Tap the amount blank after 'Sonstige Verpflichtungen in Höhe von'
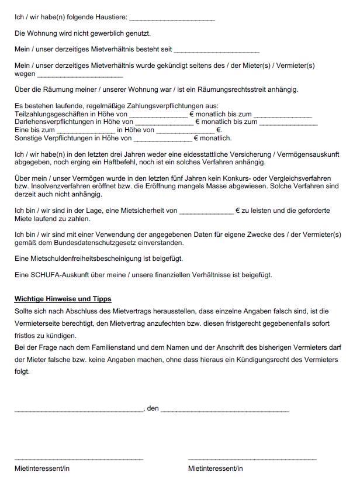pyautogui.click(x=163, y=139)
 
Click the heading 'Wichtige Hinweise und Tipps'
pyautogui.click(x=63, y=299)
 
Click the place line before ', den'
pyautogui.click(x=79, y=410)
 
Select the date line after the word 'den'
pyautogui.click(x=225, y=410)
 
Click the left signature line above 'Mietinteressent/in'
pyautogui.click(x=79, y=459)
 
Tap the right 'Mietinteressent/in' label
pyautogui.click(x=216, y=469)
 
